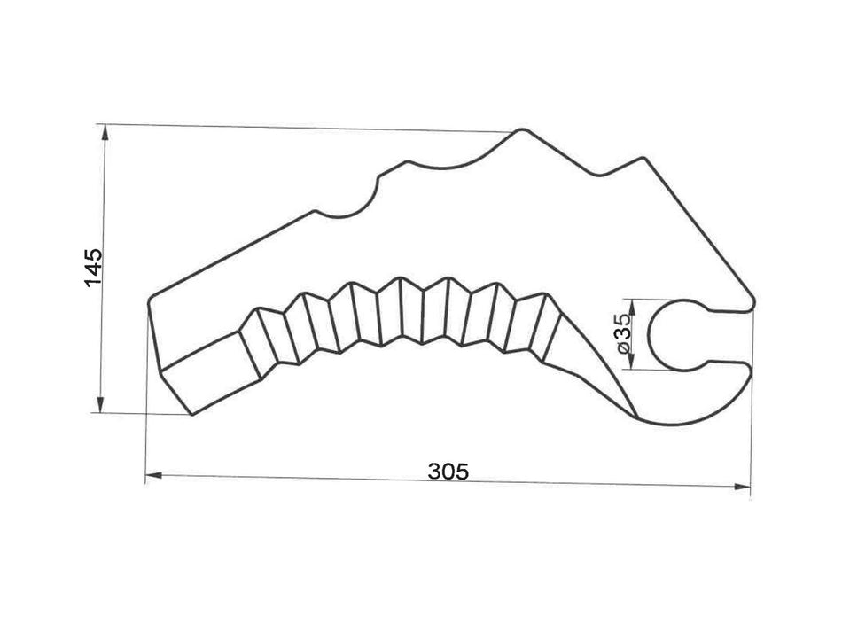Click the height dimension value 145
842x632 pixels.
(95, 267)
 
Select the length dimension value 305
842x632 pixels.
(447, 471)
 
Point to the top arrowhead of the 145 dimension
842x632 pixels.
(105, 132)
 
